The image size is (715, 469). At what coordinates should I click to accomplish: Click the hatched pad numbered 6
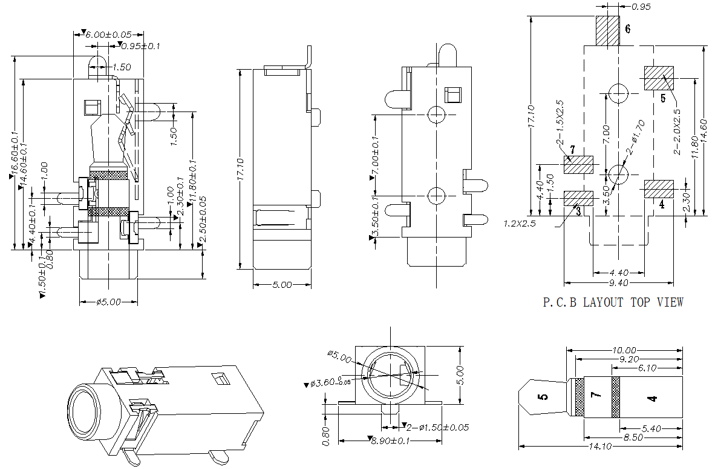coord(608,30)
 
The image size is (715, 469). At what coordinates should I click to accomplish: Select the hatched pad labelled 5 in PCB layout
coord(658,78)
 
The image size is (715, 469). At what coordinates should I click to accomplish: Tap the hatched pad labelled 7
coord(578,165)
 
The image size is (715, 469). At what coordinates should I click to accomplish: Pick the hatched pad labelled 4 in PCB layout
coord(658,188)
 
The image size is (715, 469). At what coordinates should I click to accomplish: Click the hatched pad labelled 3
coord(578,198)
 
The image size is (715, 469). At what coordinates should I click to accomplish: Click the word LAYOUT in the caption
coord(602,302)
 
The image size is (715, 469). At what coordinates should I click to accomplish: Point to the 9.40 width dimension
coord(618,282)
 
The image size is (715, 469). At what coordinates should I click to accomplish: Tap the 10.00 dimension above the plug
coord(624,350)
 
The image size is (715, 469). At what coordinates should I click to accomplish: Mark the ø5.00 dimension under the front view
coord(109,301)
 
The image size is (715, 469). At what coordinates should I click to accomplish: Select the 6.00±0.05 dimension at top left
coord(110,35)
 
